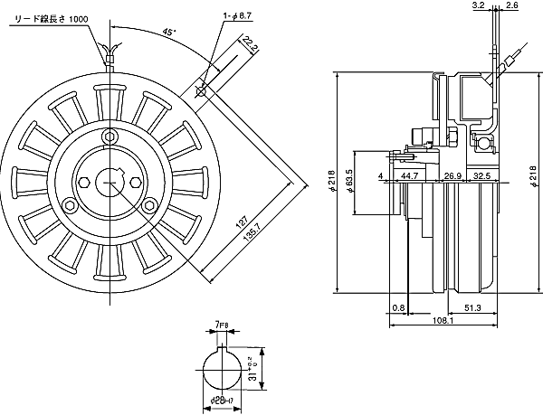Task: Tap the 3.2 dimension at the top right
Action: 478,5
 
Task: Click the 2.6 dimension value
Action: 511,5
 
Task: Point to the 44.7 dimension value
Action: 408,175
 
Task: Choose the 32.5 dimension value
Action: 482,175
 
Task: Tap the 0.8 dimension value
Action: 399,307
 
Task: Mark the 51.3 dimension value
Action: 472,307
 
